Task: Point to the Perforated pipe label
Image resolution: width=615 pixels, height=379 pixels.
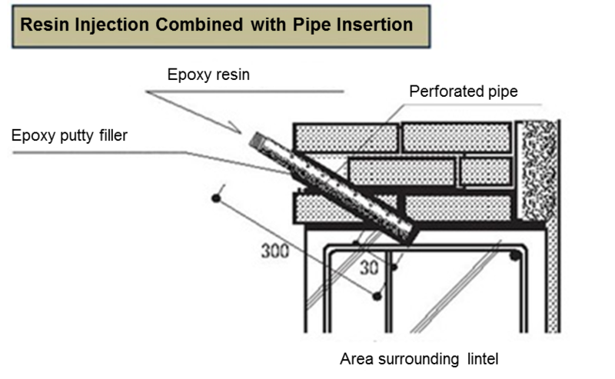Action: click(x=463, y=92)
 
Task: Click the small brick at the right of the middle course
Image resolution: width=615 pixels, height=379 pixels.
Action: click(x=486, y=171)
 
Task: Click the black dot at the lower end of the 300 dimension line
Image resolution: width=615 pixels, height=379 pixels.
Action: click(x=376, y=295)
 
